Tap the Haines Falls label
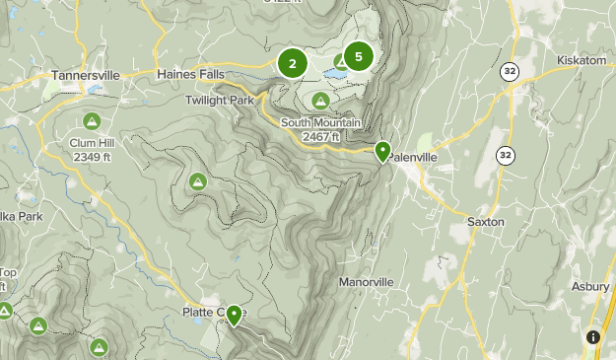pyautogui.click(x=190, y=74)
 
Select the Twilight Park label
pyautogui.click(x=220, y=100)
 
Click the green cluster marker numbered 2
pyautogui.click(x=293, y=63)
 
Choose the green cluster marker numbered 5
pyautogui.click(x=358, y=57)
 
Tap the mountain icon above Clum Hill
pyautogui.click(x=92, y=121)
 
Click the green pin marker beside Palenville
pyautogui.click(x=382, y=151)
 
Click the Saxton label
pyautogui.click(x=485, y=222)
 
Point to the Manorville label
pyautogui.click(x=366, y=282)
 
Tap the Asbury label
pyautogui.click(x=590, y=286)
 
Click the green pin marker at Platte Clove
pyautogui.click(x=235, y=315)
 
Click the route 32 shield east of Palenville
pyautogui.click(x=506, y=156)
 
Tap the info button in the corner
pyautogui.click(x=593, y=337)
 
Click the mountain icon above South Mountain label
pyautogui.click(x=321, y=101)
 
